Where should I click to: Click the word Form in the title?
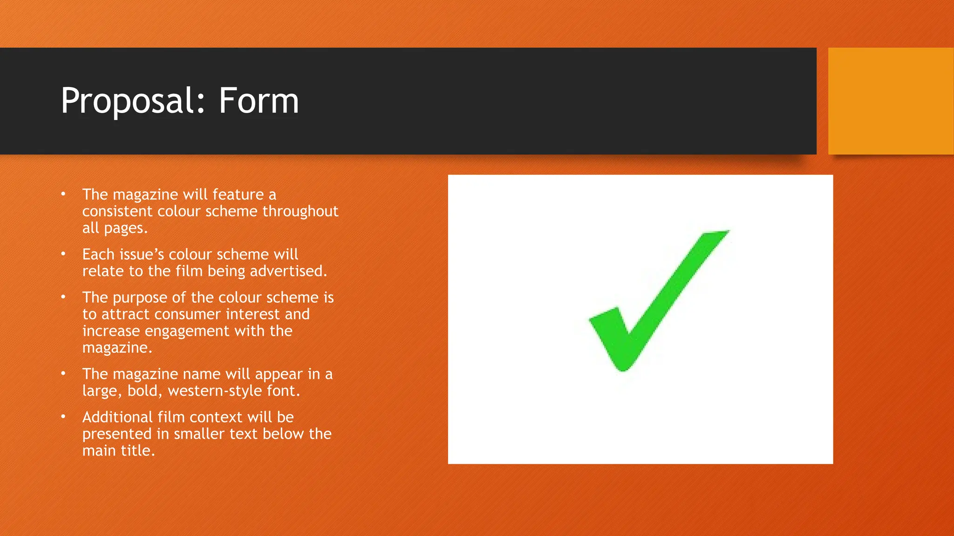coord(259,101)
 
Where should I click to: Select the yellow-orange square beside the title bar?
coord(891,101)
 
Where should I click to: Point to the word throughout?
coord(300,211)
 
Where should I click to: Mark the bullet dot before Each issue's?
coord(63,254)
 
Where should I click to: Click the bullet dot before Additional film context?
coord(63,416)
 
